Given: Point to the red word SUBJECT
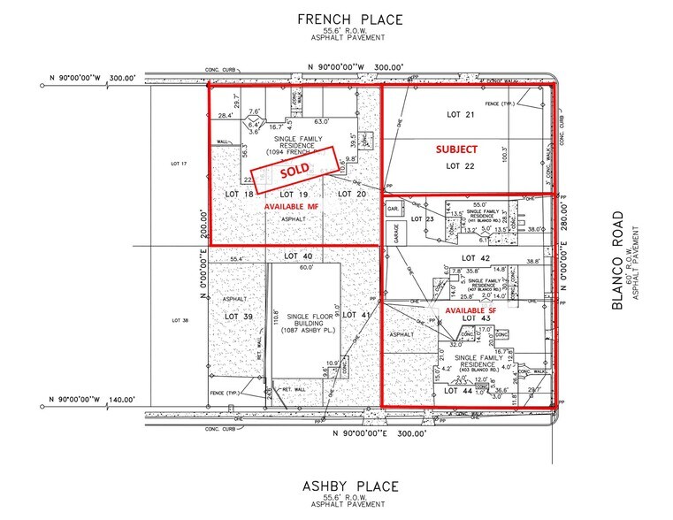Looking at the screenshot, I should coord(456,150).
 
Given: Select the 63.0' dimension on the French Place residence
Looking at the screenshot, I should coord(322,122).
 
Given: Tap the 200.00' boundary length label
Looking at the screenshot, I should coord(203,224).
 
